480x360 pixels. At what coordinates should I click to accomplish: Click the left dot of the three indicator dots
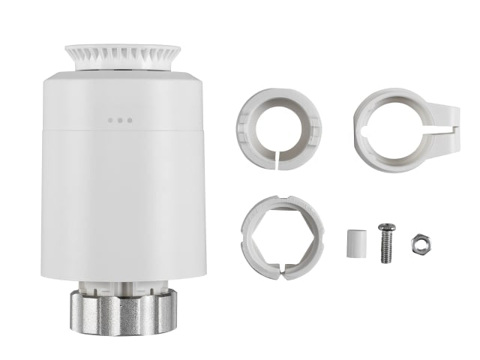tap(111, 119)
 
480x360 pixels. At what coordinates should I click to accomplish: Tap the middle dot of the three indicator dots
tap(120, 119)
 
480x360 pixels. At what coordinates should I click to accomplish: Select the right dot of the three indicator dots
tap(129, 119)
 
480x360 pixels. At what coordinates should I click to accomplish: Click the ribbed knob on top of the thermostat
tap(122, 55)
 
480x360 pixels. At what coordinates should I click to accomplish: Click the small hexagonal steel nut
tap(419, 243)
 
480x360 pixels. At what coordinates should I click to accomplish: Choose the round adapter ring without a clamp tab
tap(278, 127)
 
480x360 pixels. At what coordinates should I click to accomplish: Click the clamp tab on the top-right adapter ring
tap(447, 120)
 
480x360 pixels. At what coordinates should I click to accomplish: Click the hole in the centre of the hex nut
tap(419, 243)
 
